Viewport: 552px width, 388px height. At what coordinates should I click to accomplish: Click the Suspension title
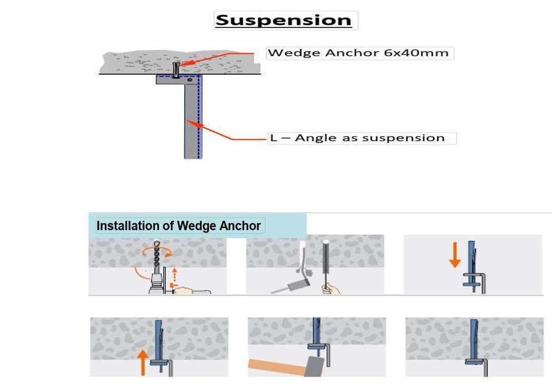coord(283,20)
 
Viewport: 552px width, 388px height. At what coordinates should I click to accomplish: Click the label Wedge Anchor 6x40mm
coord(358,53)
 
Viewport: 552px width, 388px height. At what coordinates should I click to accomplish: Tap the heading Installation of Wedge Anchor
coord(178,226)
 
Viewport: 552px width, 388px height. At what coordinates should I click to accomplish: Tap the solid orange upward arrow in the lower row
coord(142,362)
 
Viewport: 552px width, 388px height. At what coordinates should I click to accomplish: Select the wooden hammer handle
coord(276,367)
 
